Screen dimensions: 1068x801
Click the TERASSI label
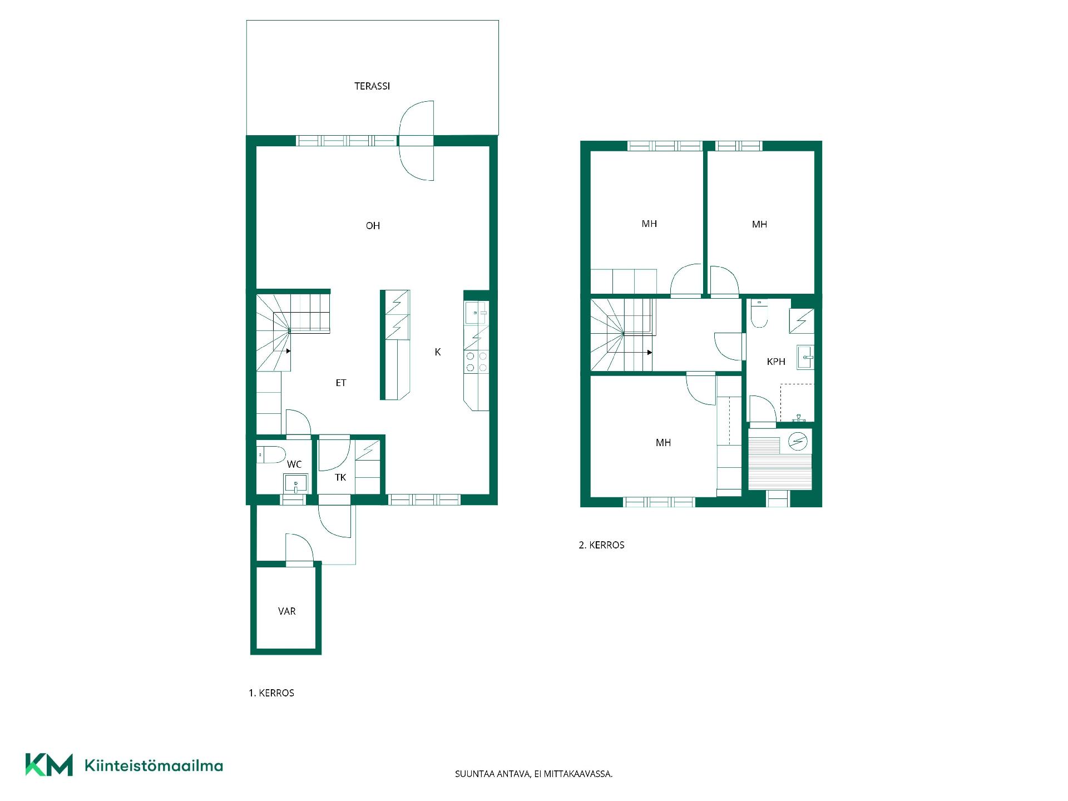click(x=372, y=86)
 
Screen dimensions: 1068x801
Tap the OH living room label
click(x=373, y=226)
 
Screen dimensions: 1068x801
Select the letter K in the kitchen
click(x=438, y=352)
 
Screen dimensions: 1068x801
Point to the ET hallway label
click(x=341, y=383)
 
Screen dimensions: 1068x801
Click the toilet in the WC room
click(x=271, y=454)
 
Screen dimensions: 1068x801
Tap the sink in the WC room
click(x=295, y=483)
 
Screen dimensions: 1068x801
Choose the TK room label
click(x=340, y=477)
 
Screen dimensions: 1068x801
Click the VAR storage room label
click(x=286, y=611)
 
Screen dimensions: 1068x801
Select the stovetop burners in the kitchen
click(x=477, y=362)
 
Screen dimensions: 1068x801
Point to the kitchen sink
click(x=476, y=313)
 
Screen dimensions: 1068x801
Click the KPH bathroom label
click(x=776, y=362)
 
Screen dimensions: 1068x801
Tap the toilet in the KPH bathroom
click(x=759, y=313)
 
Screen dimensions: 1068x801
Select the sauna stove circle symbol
click(x=798, y=442)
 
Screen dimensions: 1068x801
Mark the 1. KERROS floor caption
click(x=271, y=693)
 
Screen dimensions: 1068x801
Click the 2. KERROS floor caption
click(x=601, y=545)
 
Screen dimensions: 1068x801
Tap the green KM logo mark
click(x=49, y=765)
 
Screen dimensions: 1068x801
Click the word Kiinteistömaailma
click(x=154, y=765)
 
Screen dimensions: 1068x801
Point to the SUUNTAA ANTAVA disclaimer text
click(x=534, y=774)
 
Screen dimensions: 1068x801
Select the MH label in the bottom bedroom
click(x=663, y=443)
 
